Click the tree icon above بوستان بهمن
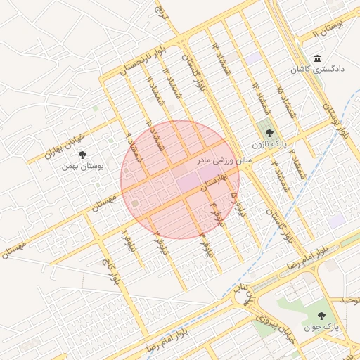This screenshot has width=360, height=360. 83,154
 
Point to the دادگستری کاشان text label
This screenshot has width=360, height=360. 318,70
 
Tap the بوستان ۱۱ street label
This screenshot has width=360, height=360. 327,29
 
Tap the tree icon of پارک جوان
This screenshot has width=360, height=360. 322,316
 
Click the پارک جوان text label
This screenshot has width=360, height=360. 322,328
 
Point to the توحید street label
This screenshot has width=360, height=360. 349,301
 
